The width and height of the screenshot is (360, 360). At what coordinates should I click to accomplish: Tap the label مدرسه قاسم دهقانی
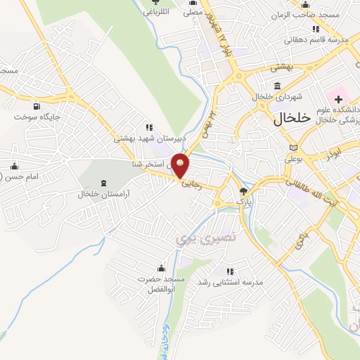tap(311, 40)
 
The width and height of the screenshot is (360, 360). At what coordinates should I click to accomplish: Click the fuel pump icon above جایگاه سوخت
tap(41, 103)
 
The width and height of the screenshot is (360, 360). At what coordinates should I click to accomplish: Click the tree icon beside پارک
tap(243, 191)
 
